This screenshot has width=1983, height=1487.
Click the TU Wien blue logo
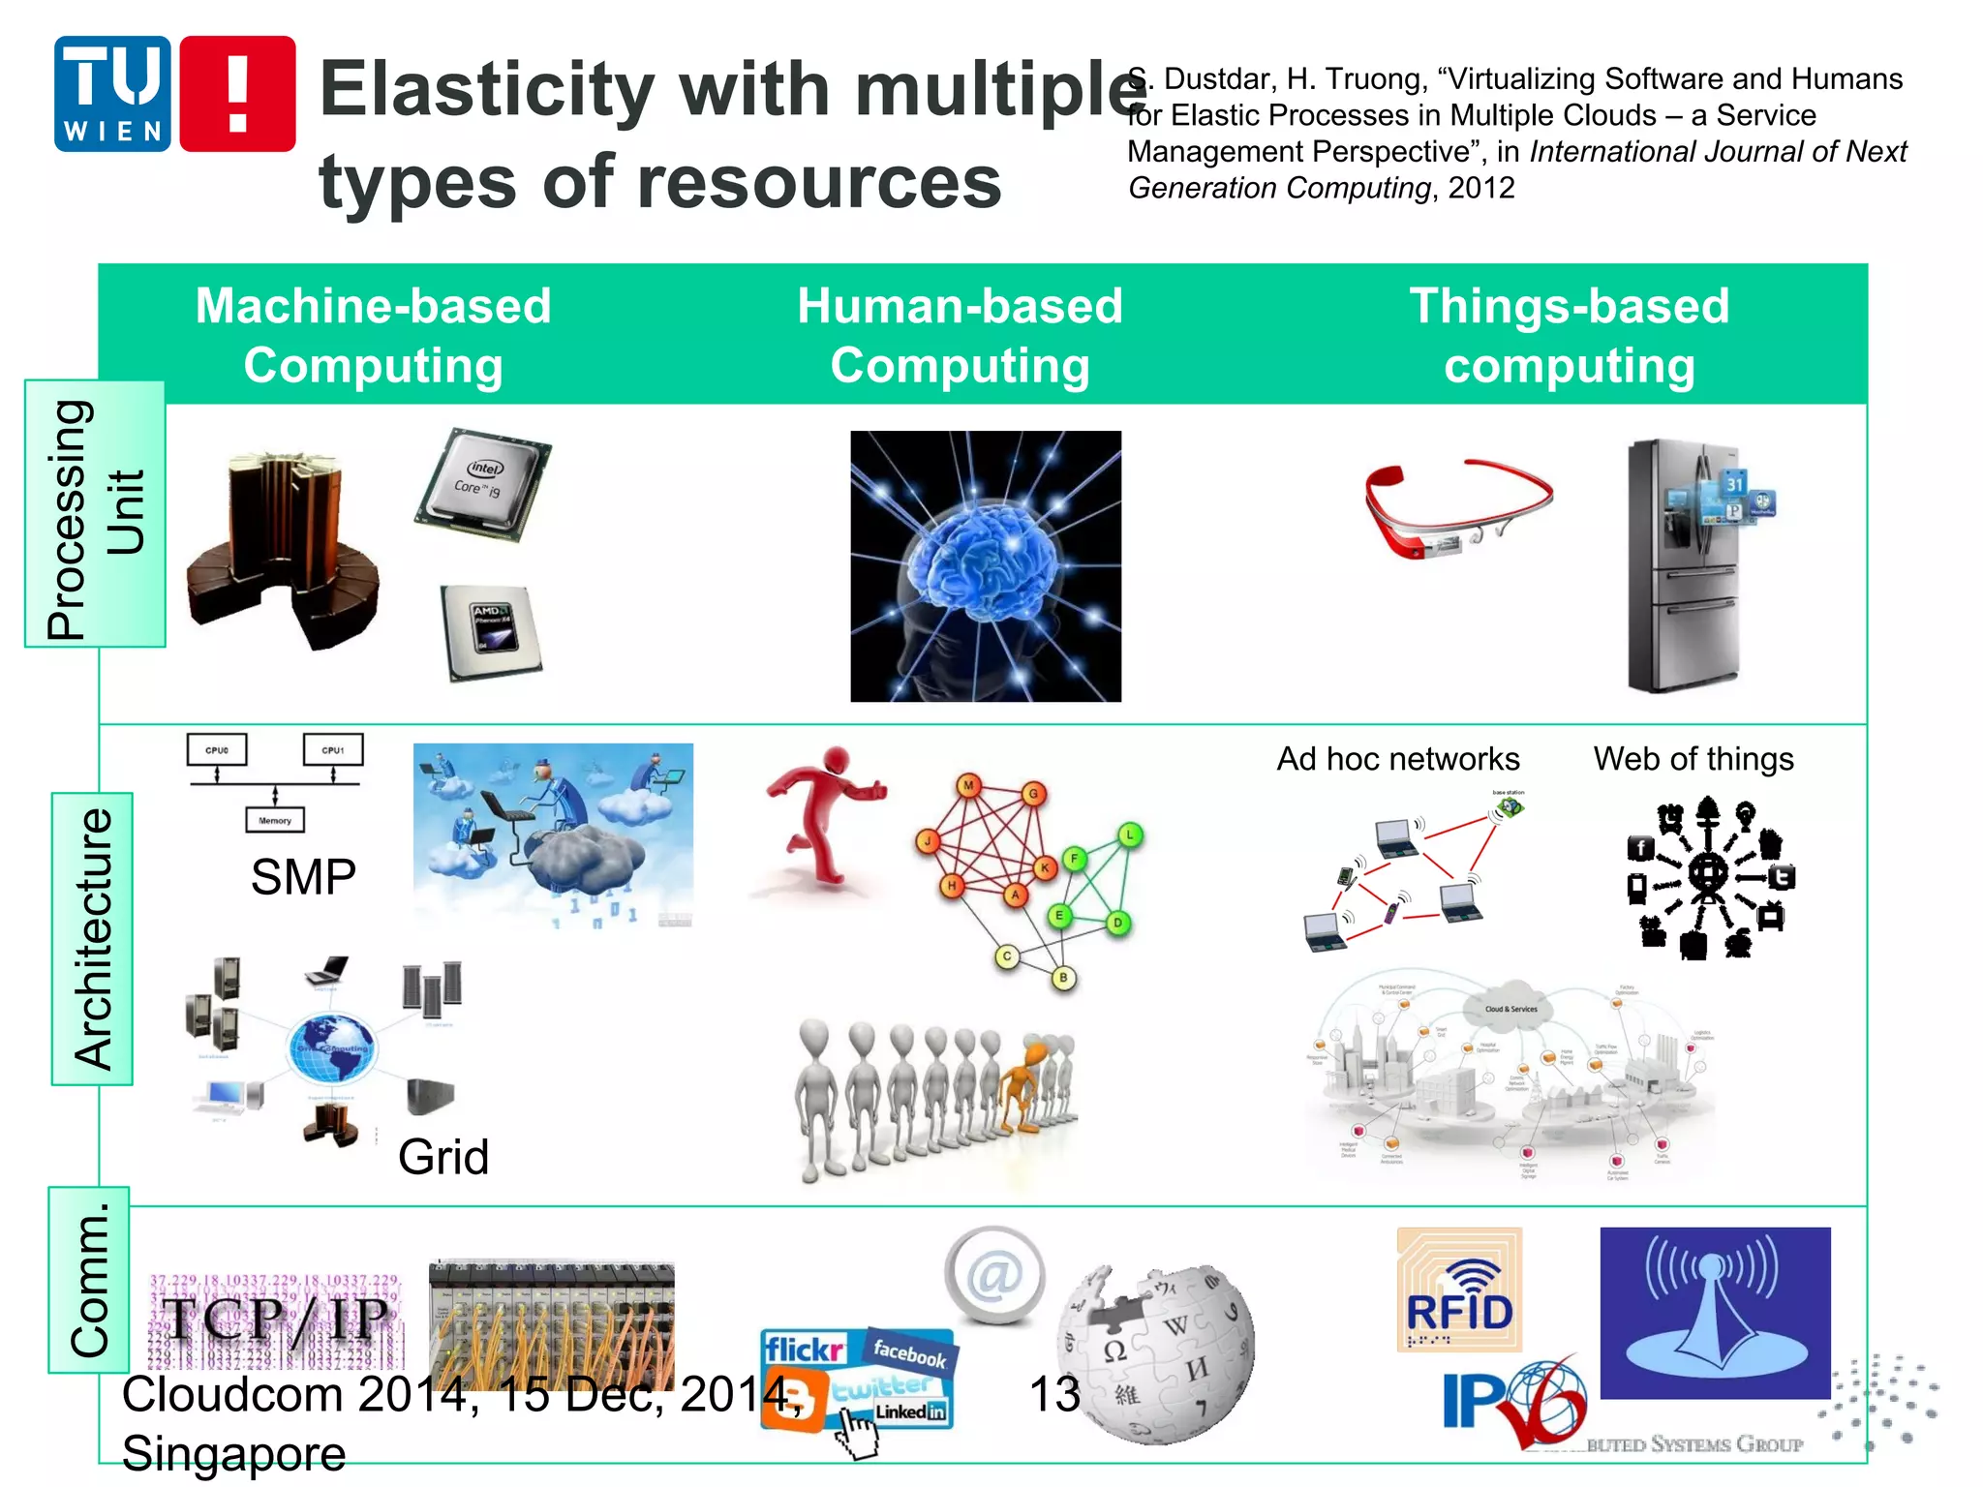(x=112, y=94)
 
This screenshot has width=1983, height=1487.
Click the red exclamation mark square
(x=237, y=94)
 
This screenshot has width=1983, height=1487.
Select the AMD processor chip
(x=490, y=631)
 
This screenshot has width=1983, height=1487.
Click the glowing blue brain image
(x=985, y=566)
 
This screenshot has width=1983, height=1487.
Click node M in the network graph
(x=968, y=785)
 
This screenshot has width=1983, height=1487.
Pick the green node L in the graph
(x=1129, y=835)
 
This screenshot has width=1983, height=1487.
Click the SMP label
(x=303, y=877)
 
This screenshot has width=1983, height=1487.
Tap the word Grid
(x=443, y=1157)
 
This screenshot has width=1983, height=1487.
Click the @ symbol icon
(x=994, y=1275)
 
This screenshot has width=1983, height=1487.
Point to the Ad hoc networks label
(x=1397, y=759)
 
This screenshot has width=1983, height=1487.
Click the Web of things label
(x=1693, y=759)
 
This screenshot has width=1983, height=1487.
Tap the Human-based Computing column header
(x=960, y=335)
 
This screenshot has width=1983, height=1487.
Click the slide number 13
(x=1053, y=1395)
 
